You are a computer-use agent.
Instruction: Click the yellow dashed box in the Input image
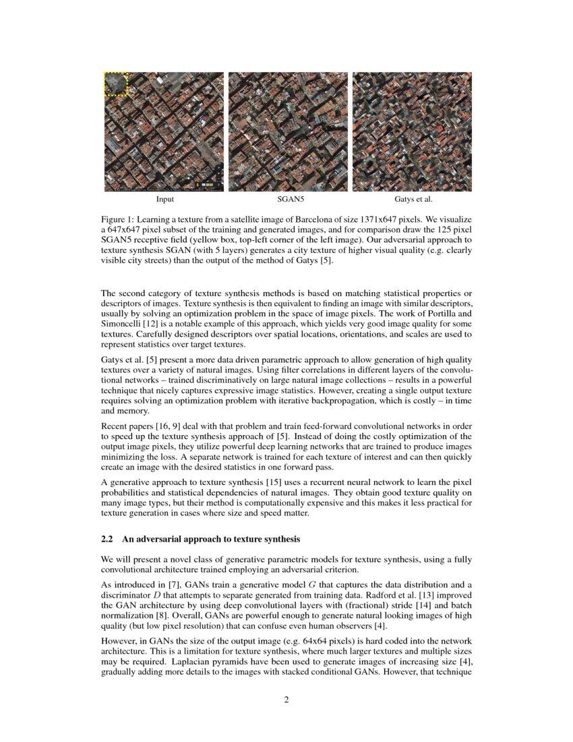116,84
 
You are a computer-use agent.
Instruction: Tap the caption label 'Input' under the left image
164,200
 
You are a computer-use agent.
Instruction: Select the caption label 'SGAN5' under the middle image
288,200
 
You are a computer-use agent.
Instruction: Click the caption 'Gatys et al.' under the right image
413,200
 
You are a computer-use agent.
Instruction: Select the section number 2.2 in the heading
108,539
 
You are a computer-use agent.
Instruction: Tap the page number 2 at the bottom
286,700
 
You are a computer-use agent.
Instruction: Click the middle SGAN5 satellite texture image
288,132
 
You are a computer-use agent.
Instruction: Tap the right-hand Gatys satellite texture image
412,132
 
